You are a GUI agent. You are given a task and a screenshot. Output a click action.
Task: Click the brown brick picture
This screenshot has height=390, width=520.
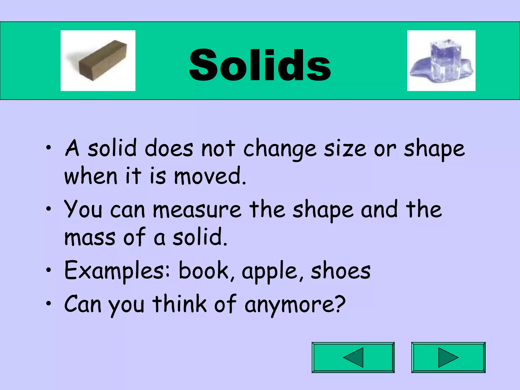point(98,61)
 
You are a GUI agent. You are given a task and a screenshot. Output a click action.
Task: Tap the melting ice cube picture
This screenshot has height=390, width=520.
point(441,61)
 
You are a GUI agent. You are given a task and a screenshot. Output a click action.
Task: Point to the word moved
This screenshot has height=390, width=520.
point(210,176)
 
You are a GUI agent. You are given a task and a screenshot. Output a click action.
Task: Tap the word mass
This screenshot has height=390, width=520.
point(90,238)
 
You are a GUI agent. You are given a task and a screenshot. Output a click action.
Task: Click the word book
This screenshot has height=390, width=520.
point(204,271)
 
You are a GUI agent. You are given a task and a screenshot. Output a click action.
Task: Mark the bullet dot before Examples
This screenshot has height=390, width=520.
point(48,271)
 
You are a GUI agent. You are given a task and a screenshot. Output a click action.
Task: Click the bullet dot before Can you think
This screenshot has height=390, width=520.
point(48,303)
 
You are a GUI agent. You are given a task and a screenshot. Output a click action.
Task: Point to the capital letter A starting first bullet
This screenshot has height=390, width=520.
point(72,148)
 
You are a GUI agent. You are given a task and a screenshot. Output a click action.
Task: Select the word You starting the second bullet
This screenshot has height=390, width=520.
point(83,209)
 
